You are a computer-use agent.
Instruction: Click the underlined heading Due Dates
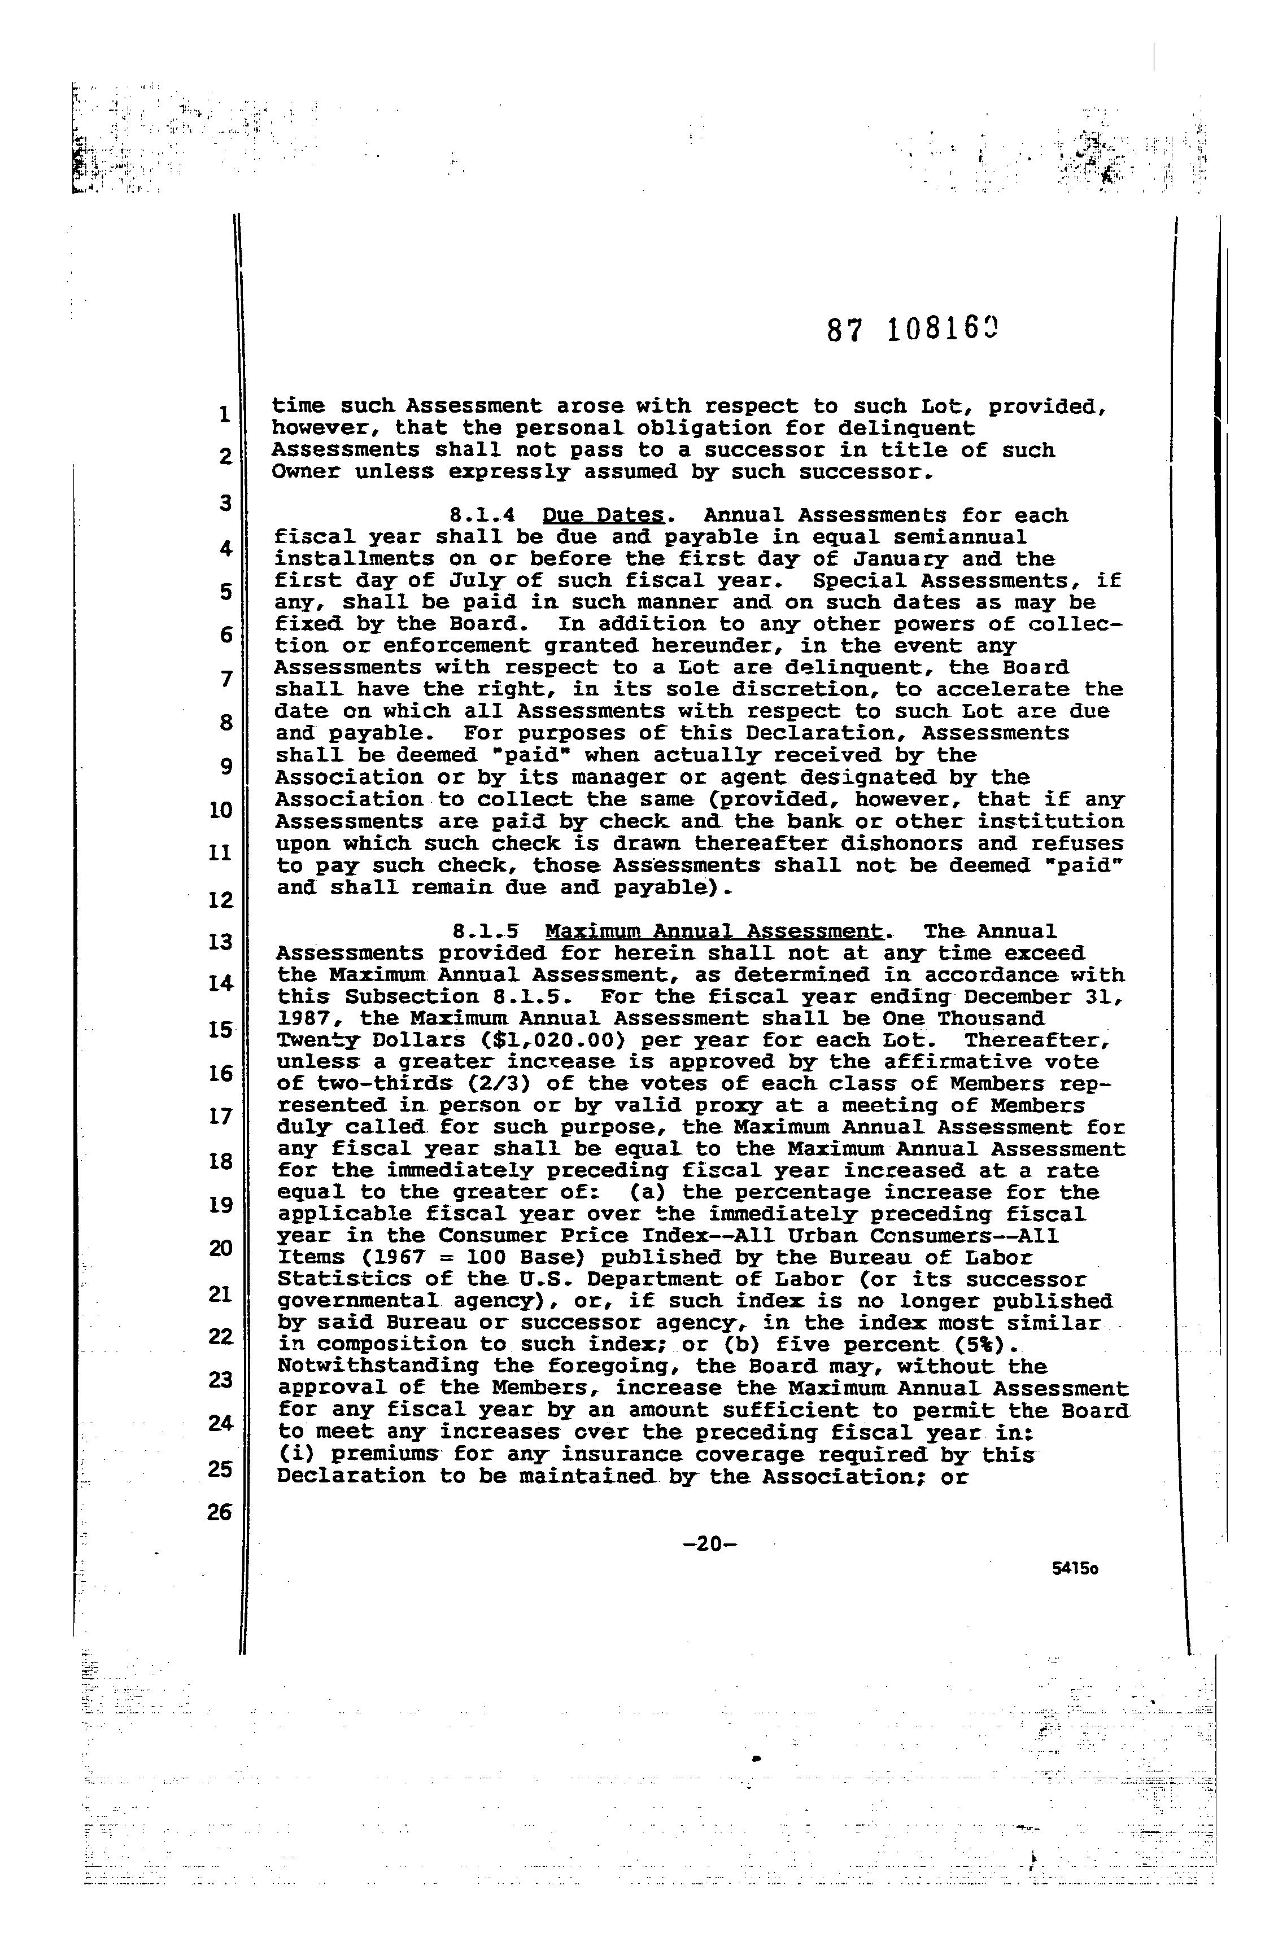(603, 515)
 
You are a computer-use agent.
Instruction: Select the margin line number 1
(224, 415)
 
